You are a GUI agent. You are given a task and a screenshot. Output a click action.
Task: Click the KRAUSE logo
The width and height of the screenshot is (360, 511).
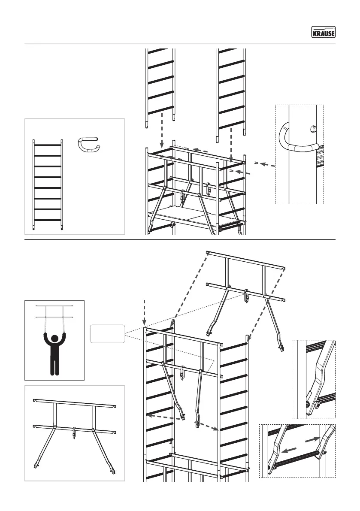(x=323, y=32)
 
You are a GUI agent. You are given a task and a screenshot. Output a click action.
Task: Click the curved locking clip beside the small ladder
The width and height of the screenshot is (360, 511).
(x=89, y=145)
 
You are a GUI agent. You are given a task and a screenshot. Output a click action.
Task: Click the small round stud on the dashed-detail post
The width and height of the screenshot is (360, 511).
(x=313, y=128)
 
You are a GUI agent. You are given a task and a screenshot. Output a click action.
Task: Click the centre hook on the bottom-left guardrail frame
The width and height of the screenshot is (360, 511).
(x=74, y=432)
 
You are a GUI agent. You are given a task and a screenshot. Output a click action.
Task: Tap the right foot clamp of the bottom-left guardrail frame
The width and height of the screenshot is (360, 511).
(x=113, y=471)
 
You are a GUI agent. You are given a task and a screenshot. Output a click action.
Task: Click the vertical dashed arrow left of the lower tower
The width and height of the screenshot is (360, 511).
(x=145, y=314)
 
